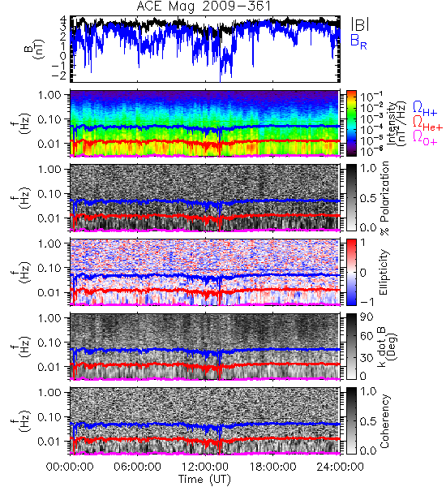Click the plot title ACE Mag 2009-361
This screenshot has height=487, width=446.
point(204,6)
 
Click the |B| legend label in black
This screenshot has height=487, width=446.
point(359,25)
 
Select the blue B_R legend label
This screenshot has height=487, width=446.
point(358,41)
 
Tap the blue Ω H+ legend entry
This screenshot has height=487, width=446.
point(425,109)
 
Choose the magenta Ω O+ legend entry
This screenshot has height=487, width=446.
point(425,138)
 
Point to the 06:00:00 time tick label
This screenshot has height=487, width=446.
point(137,468)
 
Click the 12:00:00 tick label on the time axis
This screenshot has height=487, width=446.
point(205,468)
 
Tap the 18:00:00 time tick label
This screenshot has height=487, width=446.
point(272,468)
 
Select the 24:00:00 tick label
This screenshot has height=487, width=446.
point(340,468)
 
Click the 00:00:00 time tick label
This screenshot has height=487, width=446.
point(70,468)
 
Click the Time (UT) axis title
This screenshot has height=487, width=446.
point(204,480)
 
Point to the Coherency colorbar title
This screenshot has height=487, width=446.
point(384,421)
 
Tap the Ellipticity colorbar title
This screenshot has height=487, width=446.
point(384,272)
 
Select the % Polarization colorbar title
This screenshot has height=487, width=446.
point(384,198)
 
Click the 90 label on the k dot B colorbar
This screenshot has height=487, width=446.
point(367,317)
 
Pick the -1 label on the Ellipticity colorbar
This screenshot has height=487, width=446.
point(367,302)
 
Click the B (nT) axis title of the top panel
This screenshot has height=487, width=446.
point(36,49)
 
